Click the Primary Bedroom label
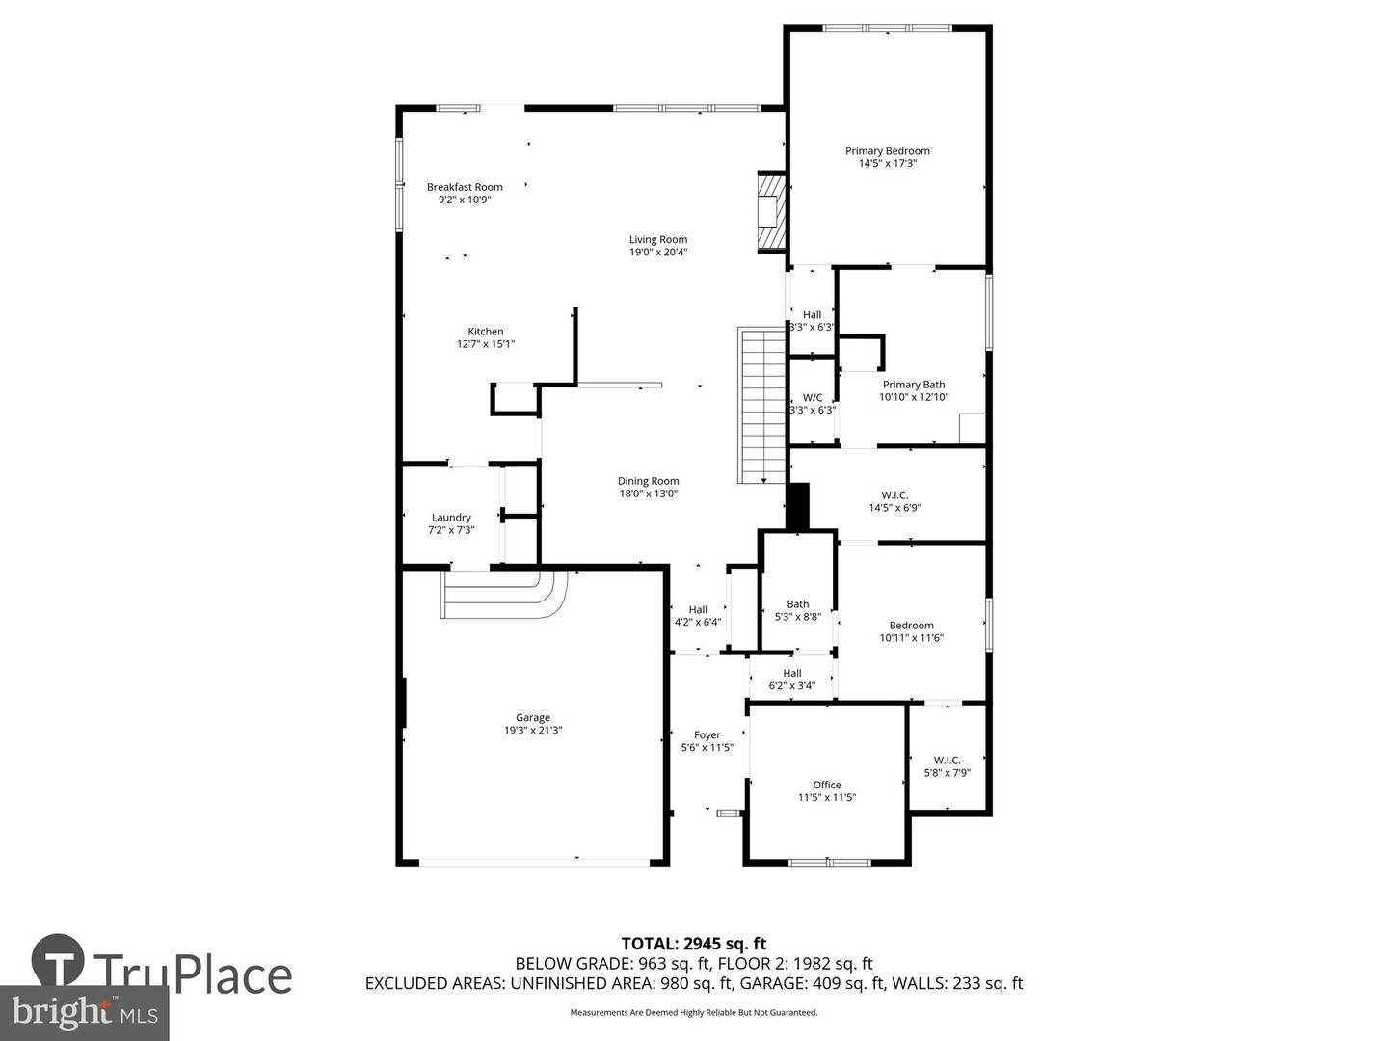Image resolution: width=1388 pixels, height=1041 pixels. (887, 151)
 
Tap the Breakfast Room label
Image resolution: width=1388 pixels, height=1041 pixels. (465, 187)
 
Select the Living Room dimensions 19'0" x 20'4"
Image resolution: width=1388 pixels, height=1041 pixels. (658, 253)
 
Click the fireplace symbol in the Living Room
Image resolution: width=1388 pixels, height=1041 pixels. (770, 211)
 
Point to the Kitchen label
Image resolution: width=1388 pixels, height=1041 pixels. (486, 332)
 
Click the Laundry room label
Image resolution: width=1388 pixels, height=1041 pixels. (451, 518)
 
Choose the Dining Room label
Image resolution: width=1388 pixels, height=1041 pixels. (648, 481)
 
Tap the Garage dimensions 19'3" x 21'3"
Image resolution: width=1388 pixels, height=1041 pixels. (533, 731)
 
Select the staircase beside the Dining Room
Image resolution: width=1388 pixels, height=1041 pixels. (762, 405)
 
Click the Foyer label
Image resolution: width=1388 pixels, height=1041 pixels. (707, 735)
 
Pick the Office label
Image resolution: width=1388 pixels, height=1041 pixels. (826, 785)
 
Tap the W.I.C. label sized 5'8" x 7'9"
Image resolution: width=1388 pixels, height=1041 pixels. (947, 761)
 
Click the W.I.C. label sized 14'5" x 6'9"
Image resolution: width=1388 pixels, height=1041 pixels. (894, 495)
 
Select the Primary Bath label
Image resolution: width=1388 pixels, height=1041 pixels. (914, 385)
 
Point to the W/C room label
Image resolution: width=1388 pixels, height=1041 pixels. (813, 397)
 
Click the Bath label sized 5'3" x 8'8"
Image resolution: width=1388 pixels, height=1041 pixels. (797, 604)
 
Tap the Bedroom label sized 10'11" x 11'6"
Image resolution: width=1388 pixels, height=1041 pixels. (911, 626)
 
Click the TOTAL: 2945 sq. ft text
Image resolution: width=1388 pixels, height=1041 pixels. (693, 944)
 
